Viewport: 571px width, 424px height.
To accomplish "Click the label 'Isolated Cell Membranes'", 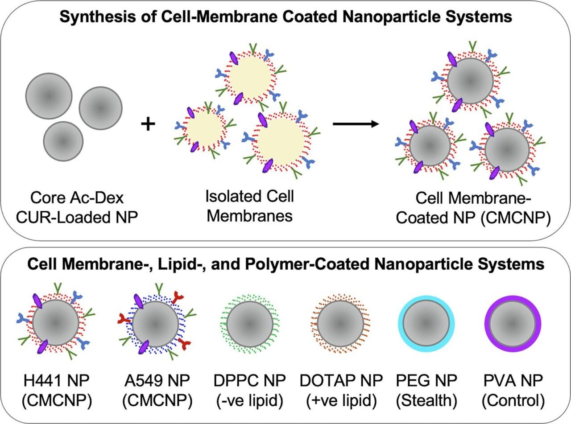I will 250,206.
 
